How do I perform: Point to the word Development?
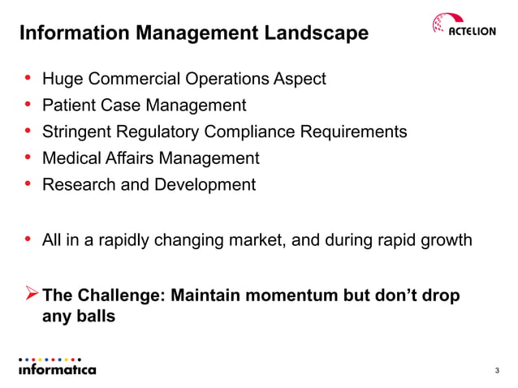click(208, 184)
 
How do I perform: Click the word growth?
click(442, 239)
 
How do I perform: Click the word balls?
click(96, 317)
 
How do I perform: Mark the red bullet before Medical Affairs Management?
click(28, 157)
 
